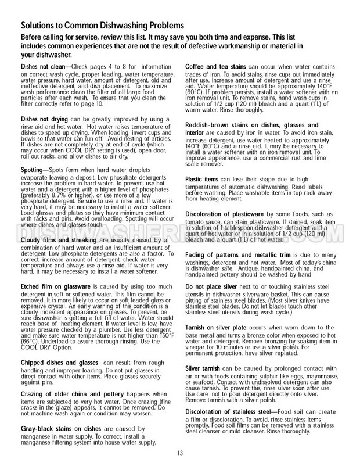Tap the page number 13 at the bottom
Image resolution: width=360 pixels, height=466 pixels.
tap(180, 454)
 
